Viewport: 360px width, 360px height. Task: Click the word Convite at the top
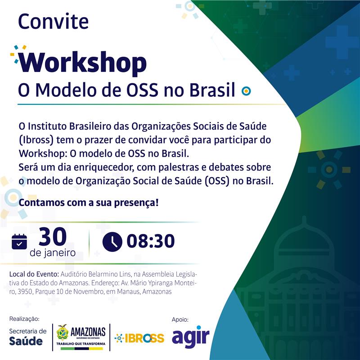pos(53,21)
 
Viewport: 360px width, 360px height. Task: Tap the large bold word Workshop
pos(83,62)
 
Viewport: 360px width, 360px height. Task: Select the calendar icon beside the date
pos(19,242)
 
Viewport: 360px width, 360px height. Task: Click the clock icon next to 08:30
pos(112,242)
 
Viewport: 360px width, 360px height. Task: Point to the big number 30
pos(53,237)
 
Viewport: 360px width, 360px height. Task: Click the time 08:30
pos(151,241)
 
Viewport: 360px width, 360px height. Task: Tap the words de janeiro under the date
pos(53,253)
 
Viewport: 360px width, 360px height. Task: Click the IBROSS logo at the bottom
pos(139,338)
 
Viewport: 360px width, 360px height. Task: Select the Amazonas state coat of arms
pos(63,332)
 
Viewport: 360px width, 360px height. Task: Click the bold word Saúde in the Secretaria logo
pos(26,341)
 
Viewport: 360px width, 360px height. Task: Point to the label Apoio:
pos(180,319)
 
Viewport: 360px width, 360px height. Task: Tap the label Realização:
pos(24,319)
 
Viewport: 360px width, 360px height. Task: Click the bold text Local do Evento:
pos(34,274)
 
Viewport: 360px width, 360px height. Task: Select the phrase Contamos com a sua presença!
pos(89,203)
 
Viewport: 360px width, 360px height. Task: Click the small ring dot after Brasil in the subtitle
pos(246,91)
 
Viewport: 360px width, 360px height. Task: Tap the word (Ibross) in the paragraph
pos(36,140)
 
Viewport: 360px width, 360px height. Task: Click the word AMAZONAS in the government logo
pos(88,332)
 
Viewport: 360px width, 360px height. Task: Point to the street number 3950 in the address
pos(25,292)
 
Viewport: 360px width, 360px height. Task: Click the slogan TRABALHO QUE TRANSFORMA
pos(81,344)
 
